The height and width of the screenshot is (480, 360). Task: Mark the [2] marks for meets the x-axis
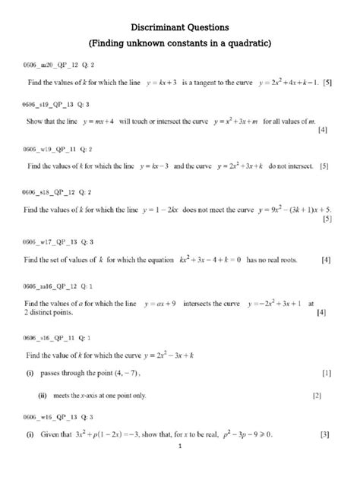point(317,396)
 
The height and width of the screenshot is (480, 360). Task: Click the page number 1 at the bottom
point(180,469)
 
